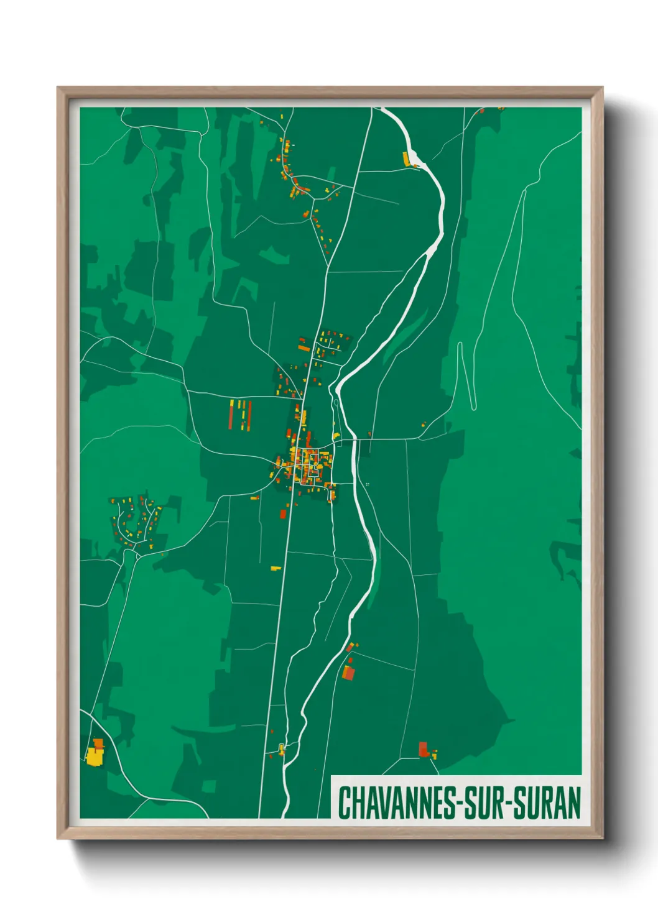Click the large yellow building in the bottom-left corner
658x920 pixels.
click(95, 756)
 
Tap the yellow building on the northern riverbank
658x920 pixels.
click(407, 159)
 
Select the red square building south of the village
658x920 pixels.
click(283, 513)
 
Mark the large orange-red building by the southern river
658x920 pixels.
click(349, 672)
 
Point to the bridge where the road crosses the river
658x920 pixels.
click(354, 439)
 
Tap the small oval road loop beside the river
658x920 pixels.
click(336, 404)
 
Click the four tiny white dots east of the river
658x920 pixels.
click(368, 484)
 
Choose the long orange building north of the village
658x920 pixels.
click(304, 348)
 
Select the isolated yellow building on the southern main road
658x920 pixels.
click(276, 568)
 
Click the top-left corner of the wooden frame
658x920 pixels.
click(58, 88)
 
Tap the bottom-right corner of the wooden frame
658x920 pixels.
click(601, 837)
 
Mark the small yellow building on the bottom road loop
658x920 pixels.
click(281, 748)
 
